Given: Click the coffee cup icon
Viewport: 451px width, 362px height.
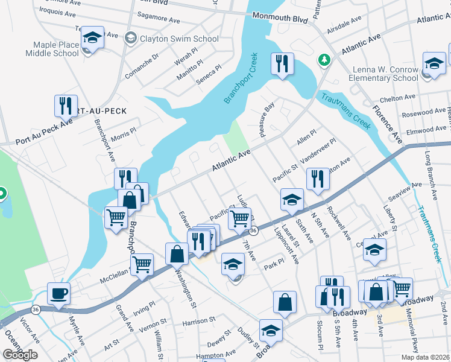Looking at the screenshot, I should pos(58,294).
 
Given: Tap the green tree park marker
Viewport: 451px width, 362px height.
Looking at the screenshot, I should pos(324,59).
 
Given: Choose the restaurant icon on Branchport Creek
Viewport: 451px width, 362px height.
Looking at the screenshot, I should pos(282,64).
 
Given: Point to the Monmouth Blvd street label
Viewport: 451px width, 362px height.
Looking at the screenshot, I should pos(280,17).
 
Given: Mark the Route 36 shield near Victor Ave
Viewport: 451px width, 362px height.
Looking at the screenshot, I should pos(36,310).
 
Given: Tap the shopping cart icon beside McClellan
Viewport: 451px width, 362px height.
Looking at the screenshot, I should pos(142,264).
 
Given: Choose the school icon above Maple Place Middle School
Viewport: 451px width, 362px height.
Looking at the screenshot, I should pos(92,37).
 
